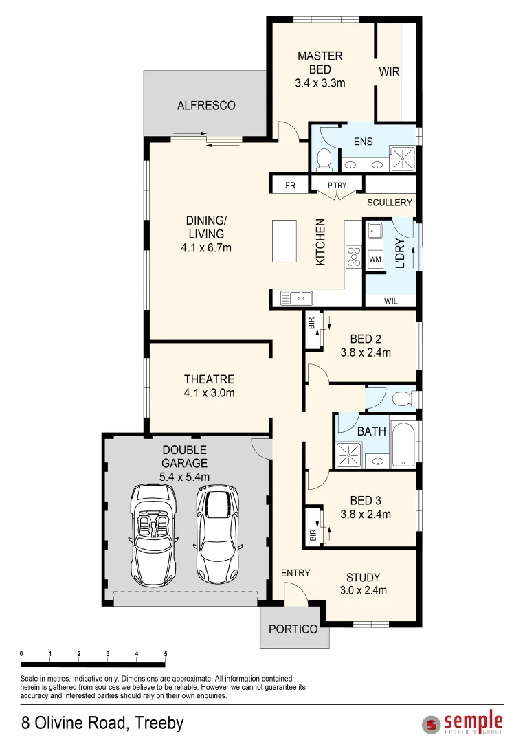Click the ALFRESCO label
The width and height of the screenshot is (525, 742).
pos(206,105)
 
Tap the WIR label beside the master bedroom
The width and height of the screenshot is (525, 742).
pos(389,71)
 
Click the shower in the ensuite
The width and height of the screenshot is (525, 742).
pos(403,157)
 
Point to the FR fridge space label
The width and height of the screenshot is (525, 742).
pos(290,185)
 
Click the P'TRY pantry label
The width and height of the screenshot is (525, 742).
pos(337,185)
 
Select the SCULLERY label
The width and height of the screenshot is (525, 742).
pos(390,202)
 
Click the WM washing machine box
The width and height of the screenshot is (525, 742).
pos(375,260)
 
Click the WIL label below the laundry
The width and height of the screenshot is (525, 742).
pos(390,301)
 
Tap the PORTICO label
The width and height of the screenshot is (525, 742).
pos(293,629)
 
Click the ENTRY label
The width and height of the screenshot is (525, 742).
pos(295,573)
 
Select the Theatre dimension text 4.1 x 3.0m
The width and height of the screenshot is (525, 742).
pos(209,394)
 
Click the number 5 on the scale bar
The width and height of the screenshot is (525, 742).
pos(166,653)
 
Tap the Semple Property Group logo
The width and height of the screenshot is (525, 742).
pos(462,723)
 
